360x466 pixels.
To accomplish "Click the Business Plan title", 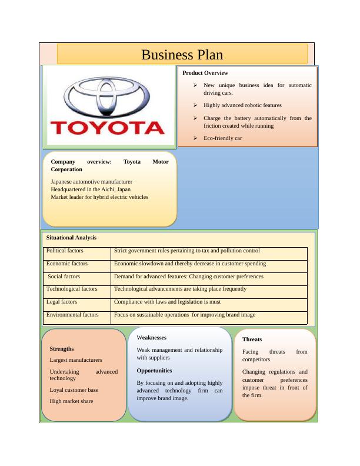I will coord(182,55).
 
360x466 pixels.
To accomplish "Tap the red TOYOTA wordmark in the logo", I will coord(108,128).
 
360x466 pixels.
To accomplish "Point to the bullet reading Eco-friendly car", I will coord(223,138).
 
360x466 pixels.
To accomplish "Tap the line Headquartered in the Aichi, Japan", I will coord(91,189).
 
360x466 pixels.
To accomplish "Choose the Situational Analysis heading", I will coord(71,238).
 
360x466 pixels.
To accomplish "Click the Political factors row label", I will coord(65,251).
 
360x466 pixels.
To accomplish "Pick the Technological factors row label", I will coord(72,289).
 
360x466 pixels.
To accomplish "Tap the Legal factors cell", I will coord(62,302).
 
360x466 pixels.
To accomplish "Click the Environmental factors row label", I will coord(72,315).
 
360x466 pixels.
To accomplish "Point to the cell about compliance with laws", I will coord(168,302).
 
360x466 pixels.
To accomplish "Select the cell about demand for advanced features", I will coord(189,277).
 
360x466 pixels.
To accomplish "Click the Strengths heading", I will coord(62,349).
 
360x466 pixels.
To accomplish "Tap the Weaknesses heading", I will coord(152,338).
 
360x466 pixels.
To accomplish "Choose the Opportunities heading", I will coord(154,371).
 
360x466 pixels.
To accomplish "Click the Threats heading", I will coord(252,339).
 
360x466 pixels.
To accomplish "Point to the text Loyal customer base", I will coord(74,390).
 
